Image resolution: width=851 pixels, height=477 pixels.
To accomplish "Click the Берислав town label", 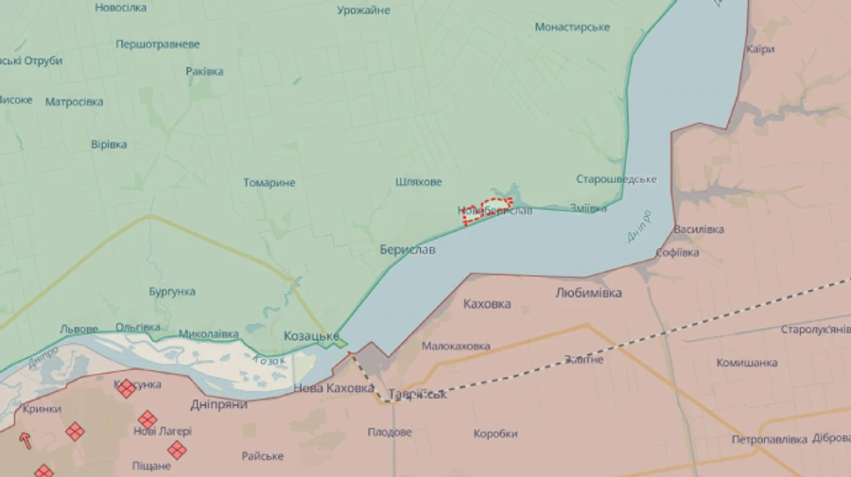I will coord(408,250).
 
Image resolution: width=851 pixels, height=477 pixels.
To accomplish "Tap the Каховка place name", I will coord(488,304).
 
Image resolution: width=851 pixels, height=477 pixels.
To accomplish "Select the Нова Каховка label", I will coord(334,387).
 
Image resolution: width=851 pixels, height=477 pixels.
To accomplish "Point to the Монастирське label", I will coord(572,27).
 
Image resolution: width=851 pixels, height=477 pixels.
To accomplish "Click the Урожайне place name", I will coord(364,10).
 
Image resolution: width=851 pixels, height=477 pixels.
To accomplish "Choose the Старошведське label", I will coord(617,179).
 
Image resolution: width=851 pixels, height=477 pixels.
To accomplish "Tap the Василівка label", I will coord(699,230).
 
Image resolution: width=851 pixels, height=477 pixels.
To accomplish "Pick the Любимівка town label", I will coord(588,293).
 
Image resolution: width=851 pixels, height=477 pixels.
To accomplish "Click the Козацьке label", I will coord(311,336).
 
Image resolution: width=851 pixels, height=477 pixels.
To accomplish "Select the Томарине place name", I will coord(269,182).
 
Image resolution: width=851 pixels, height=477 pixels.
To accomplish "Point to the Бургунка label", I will coord(172,292).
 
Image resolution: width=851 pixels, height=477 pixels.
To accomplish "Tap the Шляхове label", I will coord(419,182).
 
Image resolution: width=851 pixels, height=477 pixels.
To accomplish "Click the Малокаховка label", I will coord(456,347).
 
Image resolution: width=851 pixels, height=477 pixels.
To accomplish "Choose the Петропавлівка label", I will coord(769,440).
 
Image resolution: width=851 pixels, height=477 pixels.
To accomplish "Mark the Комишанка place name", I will coord(747,363).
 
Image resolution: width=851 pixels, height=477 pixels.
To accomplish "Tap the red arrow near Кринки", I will coord(25,440).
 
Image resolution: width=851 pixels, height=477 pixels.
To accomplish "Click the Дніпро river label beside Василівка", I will coord(640,225).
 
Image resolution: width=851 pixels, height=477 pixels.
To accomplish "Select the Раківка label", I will coord(204,72).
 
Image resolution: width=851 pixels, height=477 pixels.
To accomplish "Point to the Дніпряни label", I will coord(217,404).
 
